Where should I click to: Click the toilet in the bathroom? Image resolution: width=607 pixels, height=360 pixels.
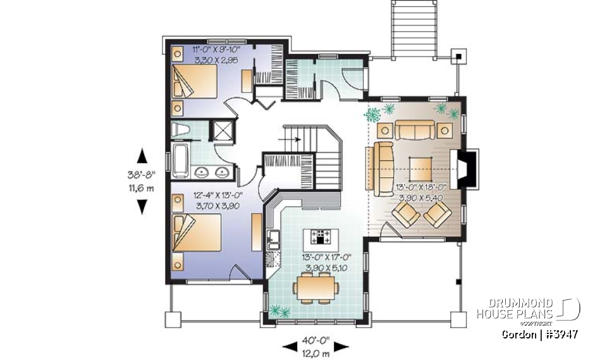[x=180, y=131]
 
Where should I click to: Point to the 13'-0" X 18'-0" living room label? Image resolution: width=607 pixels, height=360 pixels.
[x=420, y=192]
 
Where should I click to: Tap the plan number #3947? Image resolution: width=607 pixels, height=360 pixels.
[x=556, y=334]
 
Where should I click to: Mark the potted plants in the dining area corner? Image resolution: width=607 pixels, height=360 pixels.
[x=278, y=311]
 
